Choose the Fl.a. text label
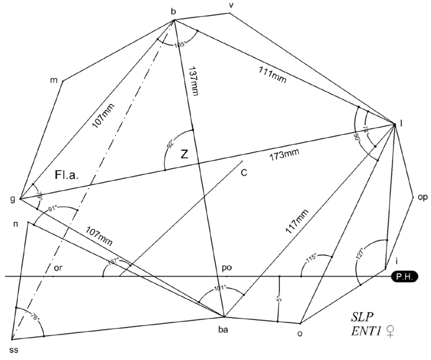tap(66, 174)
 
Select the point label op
tap(422, 197)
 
